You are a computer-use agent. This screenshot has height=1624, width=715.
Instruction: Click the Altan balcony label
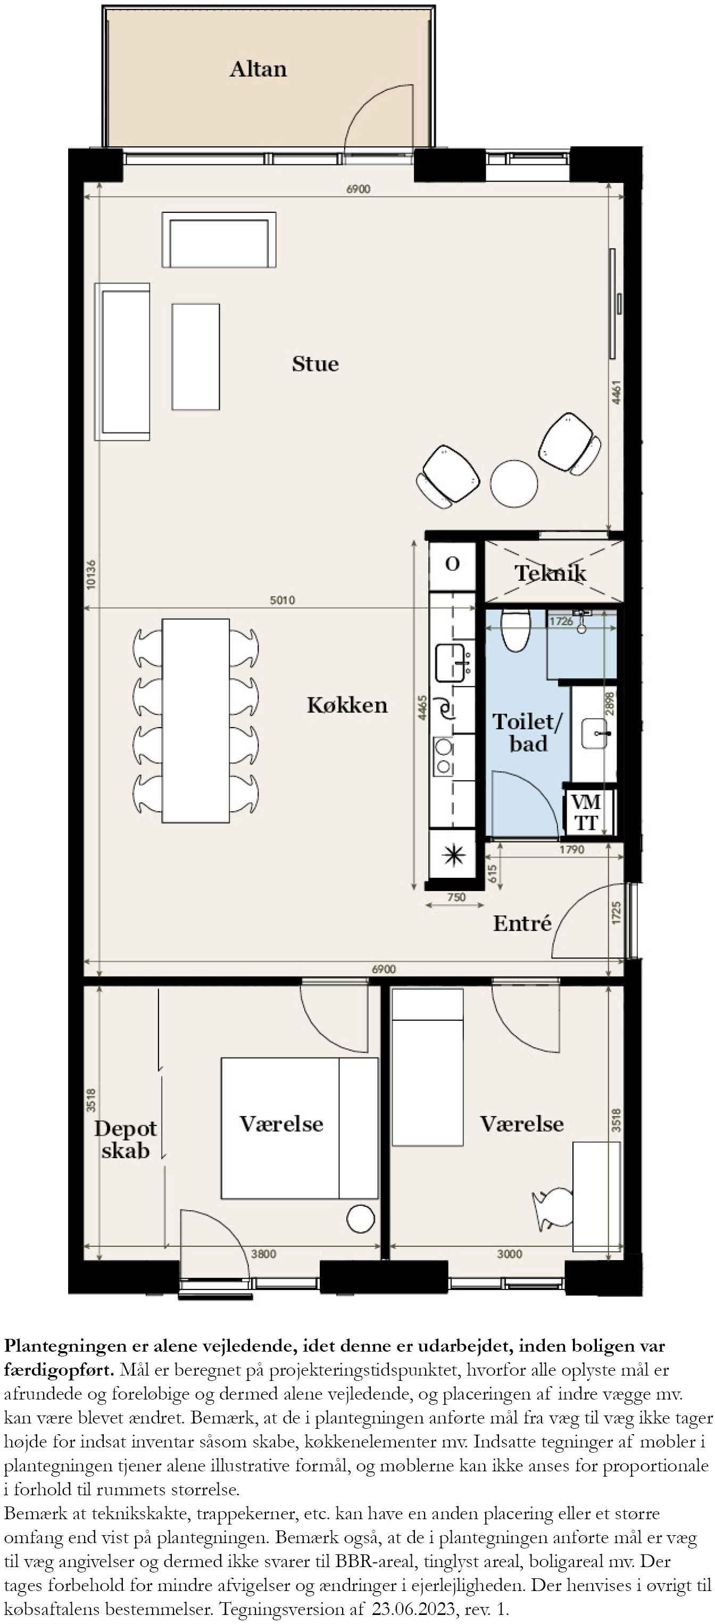click(258, 69)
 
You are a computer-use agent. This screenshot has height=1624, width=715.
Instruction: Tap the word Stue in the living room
click(315, 364)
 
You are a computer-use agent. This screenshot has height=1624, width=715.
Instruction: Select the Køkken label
click(347, 705)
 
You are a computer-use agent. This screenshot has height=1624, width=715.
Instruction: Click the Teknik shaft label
click(550, 572)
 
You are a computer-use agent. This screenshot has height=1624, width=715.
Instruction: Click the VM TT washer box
click(586, 812)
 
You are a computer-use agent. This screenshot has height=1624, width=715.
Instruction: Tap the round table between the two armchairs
click(514, 484)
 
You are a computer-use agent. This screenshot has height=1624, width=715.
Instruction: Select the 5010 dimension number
click(282, 600)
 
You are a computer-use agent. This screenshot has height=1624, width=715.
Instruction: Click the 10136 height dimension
click(92, 574)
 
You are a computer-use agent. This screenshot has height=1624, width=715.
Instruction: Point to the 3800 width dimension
click(263, 1254)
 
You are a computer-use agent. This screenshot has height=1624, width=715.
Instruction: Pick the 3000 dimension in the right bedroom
click(510, 1254)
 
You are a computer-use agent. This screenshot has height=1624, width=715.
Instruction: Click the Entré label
click(522, 923)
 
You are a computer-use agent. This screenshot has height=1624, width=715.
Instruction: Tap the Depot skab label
click(126, 1140)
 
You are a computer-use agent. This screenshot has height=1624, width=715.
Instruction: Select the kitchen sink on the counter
click(452, 663)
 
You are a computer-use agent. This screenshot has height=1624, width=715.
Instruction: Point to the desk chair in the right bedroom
click(553, 1209)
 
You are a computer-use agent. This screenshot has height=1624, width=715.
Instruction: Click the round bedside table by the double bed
click(361, 1219)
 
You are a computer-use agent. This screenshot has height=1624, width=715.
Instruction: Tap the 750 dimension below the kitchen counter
click(456, 897)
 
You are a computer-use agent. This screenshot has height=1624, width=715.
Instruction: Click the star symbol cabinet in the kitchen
click(453, 855)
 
